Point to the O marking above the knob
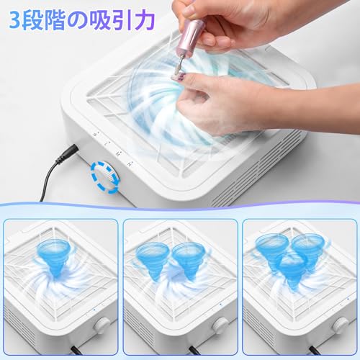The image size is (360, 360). click(x=96, y=133)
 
